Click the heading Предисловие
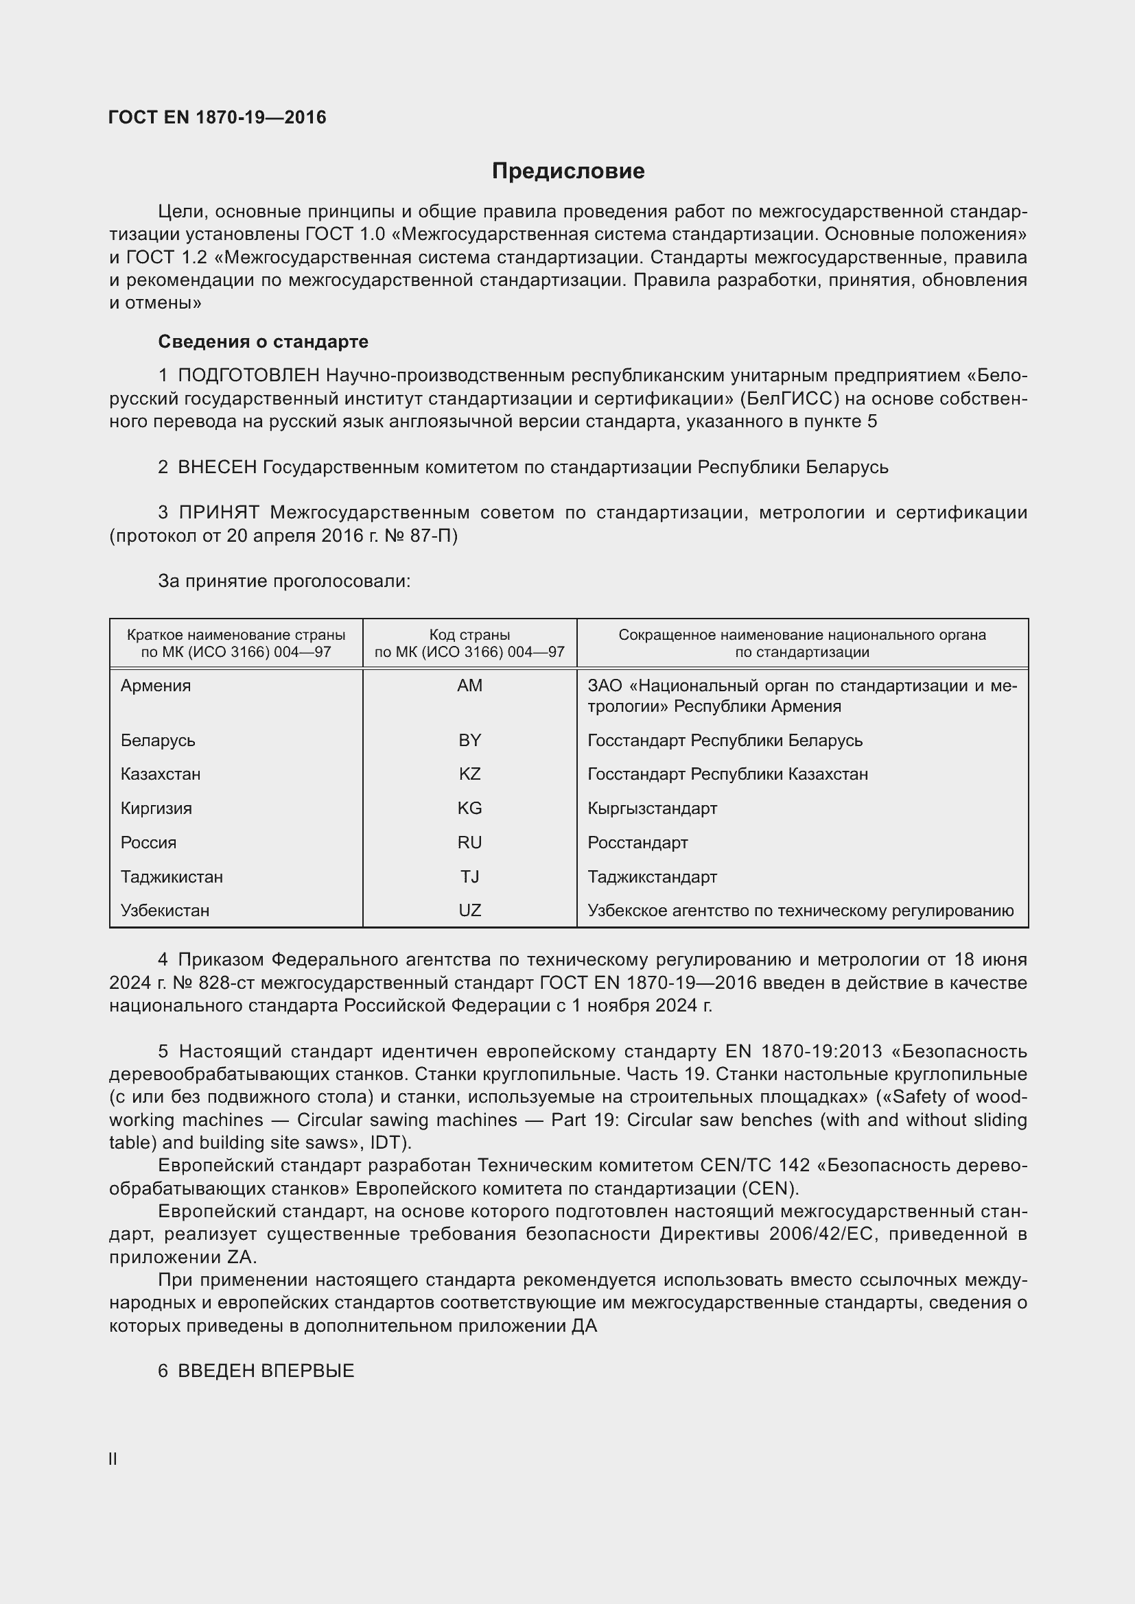(x=567, y=171)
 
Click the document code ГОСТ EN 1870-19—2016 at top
(x=218, y=117)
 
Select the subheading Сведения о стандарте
(x=263, y=342)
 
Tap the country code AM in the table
(x=469, y=685)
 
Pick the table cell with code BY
(x=469, y=740)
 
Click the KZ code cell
(x=469, y=774)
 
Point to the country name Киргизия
(x=156, y=809)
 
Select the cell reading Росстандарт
(x=637, y=843)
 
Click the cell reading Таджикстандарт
(x=652, y=877)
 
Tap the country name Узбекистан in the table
(x=165, y=910)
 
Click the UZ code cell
(x=469, y=910)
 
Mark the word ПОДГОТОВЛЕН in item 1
(x=249, y=376)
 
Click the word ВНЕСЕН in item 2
(x=218, y=467)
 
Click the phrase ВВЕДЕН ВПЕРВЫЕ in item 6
(x=266, y=1371)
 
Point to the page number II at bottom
(x=113, y=1459)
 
